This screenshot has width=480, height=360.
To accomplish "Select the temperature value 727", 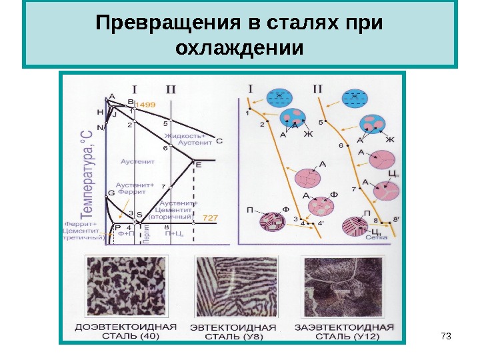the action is pyautogui.click(x=211, y=218).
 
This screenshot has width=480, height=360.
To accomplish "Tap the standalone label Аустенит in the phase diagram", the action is pyautogui.click(x=137, y=161).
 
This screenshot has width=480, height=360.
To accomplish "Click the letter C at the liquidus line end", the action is pyautogui.click(x=219, y=141).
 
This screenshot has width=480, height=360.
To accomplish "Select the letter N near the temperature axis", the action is pyautogui.click(x=100, y=127).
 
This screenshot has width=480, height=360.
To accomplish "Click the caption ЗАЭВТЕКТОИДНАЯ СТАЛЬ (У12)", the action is pyautogui.click(x=345, y=331).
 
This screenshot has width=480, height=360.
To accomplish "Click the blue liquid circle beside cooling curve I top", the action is pyautogui.click(x=279, y=97).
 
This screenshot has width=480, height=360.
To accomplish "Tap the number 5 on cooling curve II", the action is pyautogui.click(x=321, y=122).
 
